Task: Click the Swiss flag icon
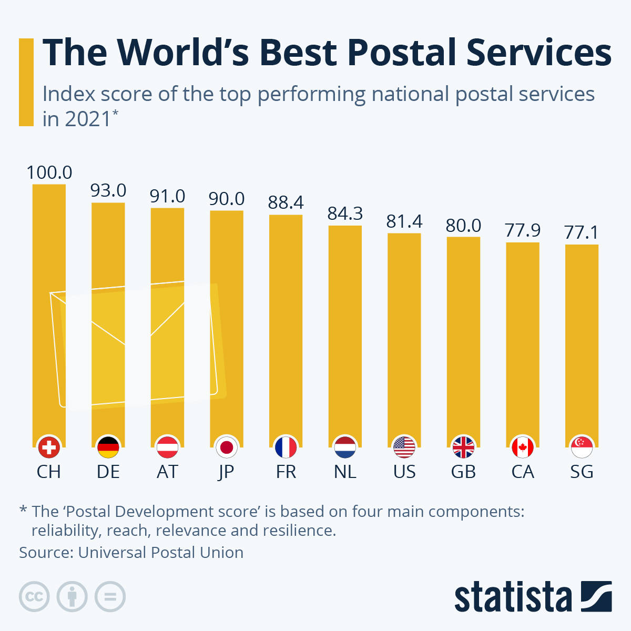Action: click(x=49, y=448)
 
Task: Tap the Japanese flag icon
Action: click(x=227, y=448)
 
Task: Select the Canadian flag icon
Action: click(x=523, y=448)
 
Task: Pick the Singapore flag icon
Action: click(x=582, y=448)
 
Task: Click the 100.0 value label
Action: click(x=49, y=172)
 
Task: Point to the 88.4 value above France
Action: click(x=286, y=202)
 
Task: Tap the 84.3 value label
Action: click(x=345, y=213)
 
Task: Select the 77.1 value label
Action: click(x=582, y=232)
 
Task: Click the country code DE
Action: click(x=108, y=472)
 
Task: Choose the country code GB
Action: click(x=463, y=472)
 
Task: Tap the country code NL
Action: click(x=345, y=472)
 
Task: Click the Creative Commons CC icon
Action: click(x=34, y=597)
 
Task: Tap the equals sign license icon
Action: click(x=110, y=597)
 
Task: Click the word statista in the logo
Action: click(x=513, y=597)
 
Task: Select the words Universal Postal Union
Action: click(x=160, y=553)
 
